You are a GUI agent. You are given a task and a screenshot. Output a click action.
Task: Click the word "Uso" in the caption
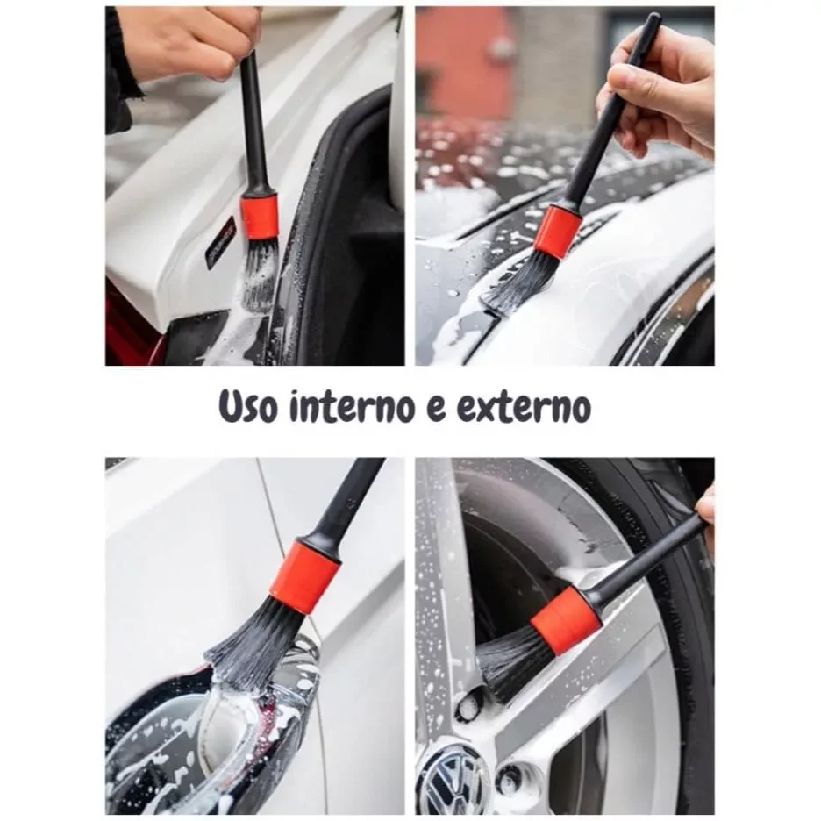(247, 405)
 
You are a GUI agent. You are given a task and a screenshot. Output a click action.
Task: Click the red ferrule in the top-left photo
(259, 215)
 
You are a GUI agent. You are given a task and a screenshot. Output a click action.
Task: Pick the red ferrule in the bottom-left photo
(305, 576)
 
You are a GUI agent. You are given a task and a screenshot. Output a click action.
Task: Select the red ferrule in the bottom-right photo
(566, 620)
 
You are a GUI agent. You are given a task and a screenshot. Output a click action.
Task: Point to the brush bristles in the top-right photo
(518, 282)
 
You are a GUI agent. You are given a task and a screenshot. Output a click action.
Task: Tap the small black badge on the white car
(220, 243)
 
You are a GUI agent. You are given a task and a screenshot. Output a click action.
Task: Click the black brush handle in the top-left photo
(255, 123)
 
